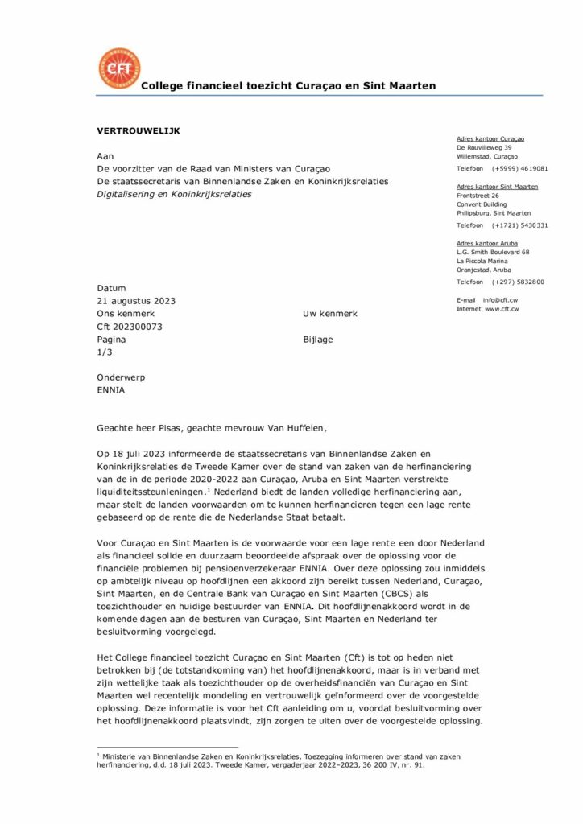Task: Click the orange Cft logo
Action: tap(118, 68)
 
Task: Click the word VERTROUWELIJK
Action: tap(139, 130)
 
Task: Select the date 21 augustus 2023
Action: tap(136, 301)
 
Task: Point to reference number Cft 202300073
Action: tap(130, 327)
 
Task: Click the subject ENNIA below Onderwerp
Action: tap(111, 391)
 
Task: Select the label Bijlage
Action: tap(317, 340)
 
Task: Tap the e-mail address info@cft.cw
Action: tap(501, 299)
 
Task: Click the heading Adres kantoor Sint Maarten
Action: tap(497, 187)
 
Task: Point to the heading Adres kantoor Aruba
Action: tap(487, 243)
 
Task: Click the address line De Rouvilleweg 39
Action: tap(484, 148)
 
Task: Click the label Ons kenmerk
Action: tap(126, 314)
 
